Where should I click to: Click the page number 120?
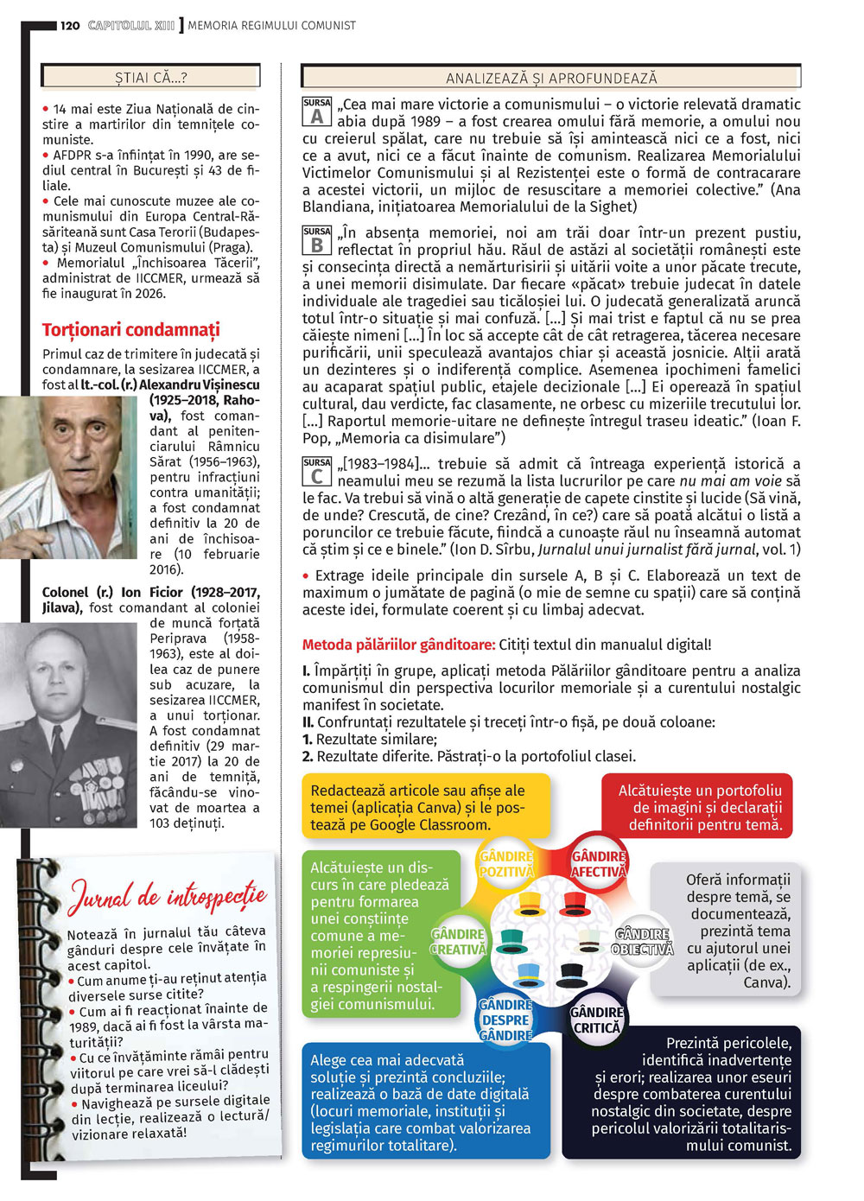pos(71,25)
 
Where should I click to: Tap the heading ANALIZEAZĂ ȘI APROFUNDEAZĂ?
pos(551,79)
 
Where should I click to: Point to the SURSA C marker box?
pos(316,472)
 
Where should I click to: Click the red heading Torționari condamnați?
pos(131,329)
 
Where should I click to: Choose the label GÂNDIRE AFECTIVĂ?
pos(598,864)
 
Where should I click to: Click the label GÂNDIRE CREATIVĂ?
pos(458,942)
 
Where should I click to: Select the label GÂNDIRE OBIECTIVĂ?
pos(642,942)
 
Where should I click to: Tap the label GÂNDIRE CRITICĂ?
pos(596,1020)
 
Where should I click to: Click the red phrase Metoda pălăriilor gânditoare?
pos(398,645)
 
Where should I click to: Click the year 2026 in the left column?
pos(149,293)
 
